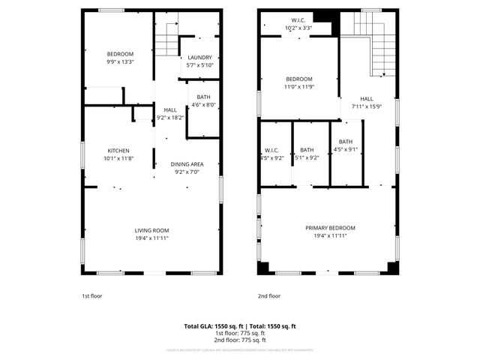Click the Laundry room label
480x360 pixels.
coord(199,58)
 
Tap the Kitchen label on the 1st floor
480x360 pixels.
coord(118,149)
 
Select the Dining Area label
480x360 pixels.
coord(187,164)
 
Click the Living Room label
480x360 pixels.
coord(151,230)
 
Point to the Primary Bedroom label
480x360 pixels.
coord(330,228)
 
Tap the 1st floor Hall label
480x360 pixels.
coord(170,110)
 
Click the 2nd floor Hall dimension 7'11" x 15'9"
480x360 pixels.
coord(366,106)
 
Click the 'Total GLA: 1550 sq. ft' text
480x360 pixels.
coord(214,326)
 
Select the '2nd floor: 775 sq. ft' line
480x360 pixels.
coord(240,340)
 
